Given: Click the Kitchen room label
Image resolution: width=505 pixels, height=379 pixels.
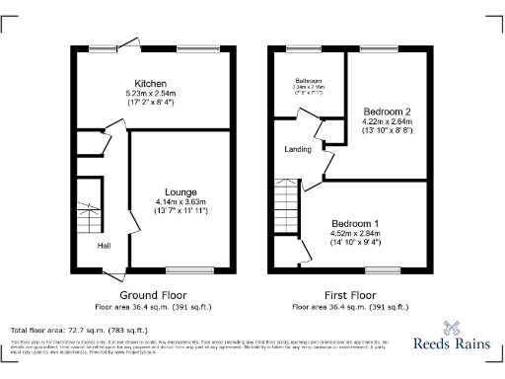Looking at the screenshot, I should coord(151,84).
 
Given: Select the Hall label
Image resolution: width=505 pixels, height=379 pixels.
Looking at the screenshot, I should coord(103,246).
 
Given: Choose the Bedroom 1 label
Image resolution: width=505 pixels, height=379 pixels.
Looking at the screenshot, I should coord(355,222).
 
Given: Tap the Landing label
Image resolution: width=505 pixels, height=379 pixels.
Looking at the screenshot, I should coord(298,149).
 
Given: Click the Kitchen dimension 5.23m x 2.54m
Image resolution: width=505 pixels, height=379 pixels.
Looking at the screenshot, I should coord(151,94).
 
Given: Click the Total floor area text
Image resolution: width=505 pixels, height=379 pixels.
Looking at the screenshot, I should coord(79,330).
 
